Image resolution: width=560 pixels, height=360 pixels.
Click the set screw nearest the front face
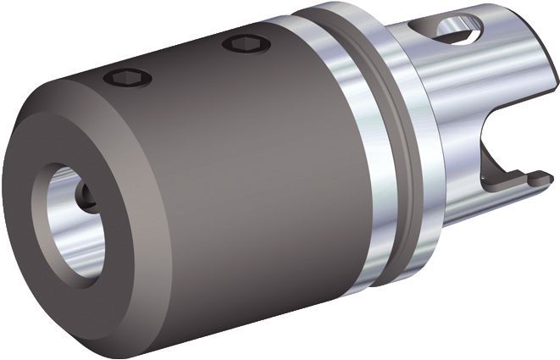tap(127, 78)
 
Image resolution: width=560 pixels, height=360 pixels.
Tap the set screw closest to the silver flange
tap(247, 43)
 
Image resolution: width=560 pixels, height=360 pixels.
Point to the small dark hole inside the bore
tap(85, 196)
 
